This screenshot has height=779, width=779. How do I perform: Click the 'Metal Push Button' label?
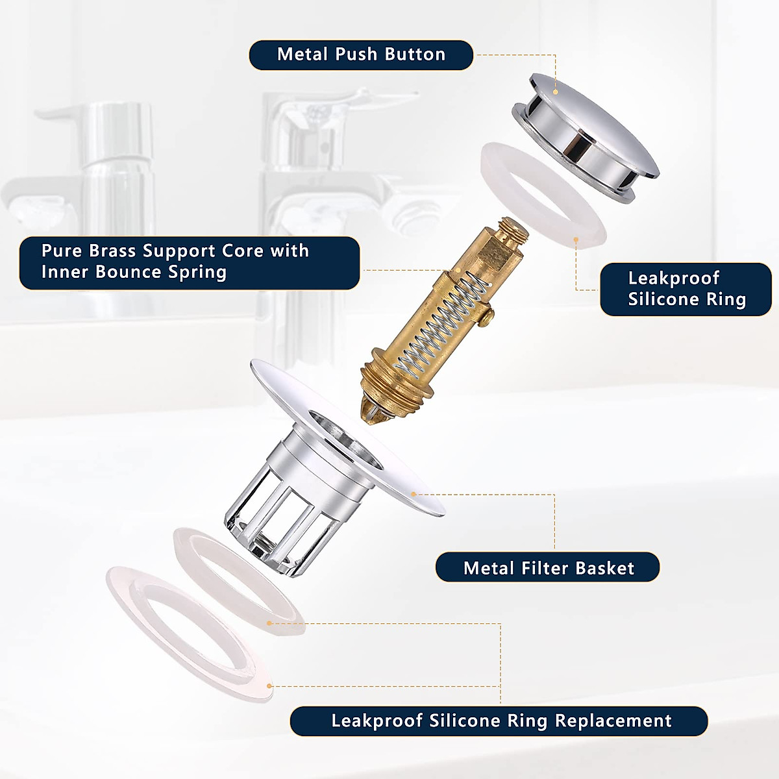(x=361, y=55)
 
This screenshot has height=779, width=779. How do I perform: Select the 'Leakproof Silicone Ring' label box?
(x=686, y=289)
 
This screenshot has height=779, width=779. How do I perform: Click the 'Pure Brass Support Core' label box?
(x=190, y=262)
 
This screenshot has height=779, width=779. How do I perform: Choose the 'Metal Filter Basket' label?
(x=547, y=568)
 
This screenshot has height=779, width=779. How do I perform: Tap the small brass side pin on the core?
(x=487, y=315)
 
